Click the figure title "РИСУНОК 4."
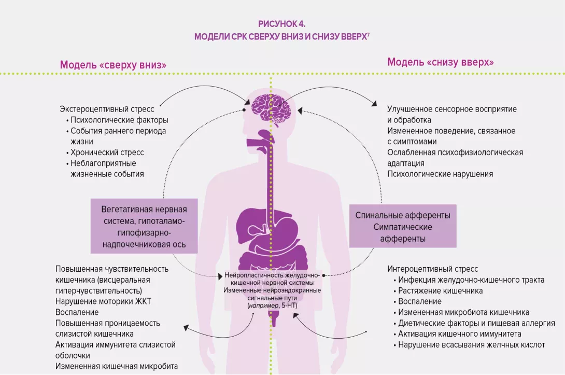click(x=282, y=24)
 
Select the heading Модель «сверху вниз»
click(x=113, y=65)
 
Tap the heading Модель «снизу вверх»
click(x=440, y=62)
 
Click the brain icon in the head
click(x=270, y=106)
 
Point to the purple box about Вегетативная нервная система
click(x=144, y=227)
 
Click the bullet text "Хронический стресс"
click(x=107, y=152)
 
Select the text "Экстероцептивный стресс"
click(x=107, y=109)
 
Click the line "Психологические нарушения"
click(x=440, y=174)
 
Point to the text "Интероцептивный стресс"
click(x=432, y=269)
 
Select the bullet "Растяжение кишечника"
click(x=440, y=290)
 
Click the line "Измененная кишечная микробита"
click(x=117, y=366)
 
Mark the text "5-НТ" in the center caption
click(x=289, y=307)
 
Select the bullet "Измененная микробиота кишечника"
click(x=463, y=312)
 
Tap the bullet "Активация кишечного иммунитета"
click(x=459, y=334)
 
